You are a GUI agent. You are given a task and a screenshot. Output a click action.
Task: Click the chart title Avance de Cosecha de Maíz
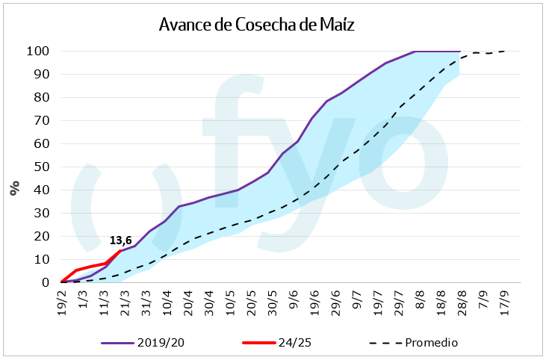pos(256,25)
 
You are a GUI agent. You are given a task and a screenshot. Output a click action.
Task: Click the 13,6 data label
pos(121,240)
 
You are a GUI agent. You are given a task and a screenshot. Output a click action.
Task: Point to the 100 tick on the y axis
pos(38,52)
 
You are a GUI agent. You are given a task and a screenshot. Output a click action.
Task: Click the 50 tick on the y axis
pos(41,167)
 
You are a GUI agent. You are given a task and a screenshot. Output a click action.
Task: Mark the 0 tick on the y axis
pos(45,282)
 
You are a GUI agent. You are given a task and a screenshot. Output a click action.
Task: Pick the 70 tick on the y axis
pos(41,121)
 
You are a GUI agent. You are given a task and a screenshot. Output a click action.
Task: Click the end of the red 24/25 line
pos(120,250)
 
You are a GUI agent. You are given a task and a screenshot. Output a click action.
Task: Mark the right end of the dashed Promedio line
pos(505,52)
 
